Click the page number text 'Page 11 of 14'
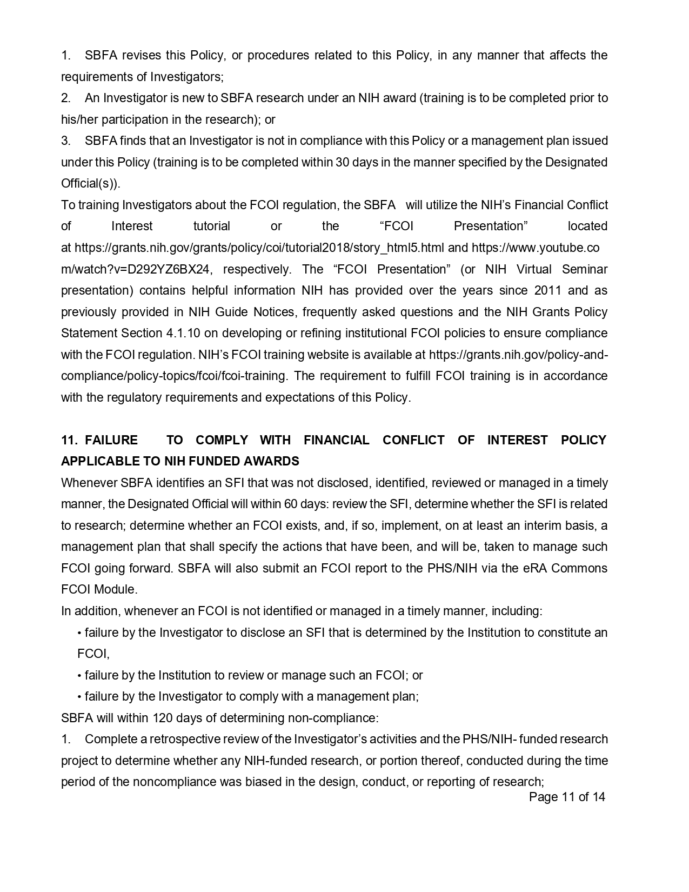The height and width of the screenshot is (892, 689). (567, 797)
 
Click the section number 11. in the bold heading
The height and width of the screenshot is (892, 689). (69, 440)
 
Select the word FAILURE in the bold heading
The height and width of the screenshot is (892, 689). (111, 440)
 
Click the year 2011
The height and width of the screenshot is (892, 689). (548, 290)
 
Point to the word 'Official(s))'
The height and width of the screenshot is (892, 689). (90, 183)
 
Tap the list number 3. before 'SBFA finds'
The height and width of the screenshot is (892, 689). (65, 141)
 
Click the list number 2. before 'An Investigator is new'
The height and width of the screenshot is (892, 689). (65, 98)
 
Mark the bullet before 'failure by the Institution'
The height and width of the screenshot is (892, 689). (79, 676)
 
